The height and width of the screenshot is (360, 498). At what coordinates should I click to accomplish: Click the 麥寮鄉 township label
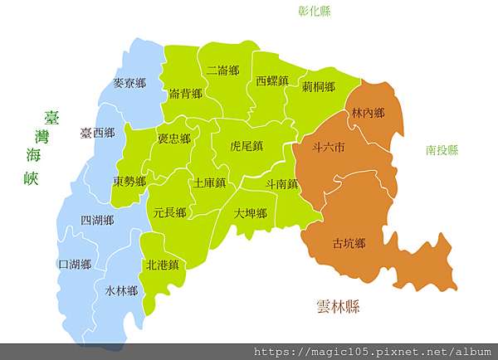[x=129, y=84]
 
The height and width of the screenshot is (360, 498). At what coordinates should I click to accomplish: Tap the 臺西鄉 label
[x=97, y=133]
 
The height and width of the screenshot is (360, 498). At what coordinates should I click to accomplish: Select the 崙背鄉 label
[x=185, y=94]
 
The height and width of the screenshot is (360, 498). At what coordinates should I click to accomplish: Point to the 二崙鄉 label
[x=223, y=71]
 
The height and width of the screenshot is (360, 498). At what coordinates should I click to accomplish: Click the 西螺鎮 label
[x=272, y=81]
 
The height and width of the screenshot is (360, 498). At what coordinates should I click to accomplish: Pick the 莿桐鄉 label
[x=319, y=86]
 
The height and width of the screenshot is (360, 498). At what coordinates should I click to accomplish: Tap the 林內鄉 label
[x=368, y=112]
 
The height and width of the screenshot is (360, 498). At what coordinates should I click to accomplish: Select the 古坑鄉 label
[x=349, y=243]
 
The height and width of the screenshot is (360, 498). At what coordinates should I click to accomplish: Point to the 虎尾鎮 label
[x=247, y=146]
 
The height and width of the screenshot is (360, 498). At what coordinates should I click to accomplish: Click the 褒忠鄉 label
[x=174, y=139]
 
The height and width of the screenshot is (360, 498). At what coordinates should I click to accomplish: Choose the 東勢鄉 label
[x=130, y=181]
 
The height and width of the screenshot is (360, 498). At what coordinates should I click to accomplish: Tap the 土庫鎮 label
[x=209, y=182]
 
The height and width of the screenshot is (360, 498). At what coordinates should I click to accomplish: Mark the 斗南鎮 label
[x=282, y=183]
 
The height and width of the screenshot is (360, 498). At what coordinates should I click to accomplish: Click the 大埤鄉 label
[x=250, y=213]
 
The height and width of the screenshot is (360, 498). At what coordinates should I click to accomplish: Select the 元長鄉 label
[x=170, y=212]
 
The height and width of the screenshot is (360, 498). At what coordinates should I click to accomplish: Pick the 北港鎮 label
[x=163, y=265]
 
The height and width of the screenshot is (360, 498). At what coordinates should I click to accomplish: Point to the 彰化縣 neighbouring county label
[x=315, y=12]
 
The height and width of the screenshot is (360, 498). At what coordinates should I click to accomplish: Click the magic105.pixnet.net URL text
[x=372, y=352]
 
